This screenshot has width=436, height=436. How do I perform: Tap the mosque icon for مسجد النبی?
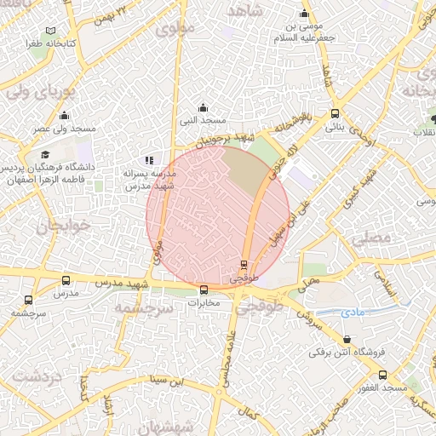point(203,108)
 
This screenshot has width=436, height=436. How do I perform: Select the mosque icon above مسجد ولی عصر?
point(64,116)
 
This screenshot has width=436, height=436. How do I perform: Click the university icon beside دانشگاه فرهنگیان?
point(44,155)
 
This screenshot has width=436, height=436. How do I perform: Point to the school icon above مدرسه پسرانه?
point(150,160)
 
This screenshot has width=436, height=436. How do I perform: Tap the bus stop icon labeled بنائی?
point(336,112)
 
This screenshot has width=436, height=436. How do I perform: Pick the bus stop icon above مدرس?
point(66,280)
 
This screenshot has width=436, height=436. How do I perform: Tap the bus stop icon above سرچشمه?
point(28,300)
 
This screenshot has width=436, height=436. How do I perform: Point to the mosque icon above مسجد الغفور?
point(382,375)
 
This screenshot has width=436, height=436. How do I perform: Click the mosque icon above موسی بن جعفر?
point(304,14)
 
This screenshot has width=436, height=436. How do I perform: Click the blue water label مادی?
point(353,313)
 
